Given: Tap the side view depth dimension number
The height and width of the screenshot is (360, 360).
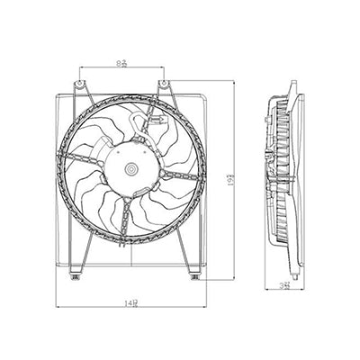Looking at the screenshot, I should (x=285, y=285).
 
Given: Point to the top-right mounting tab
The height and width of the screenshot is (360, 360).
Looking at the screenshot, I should (x=166, y=86).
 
